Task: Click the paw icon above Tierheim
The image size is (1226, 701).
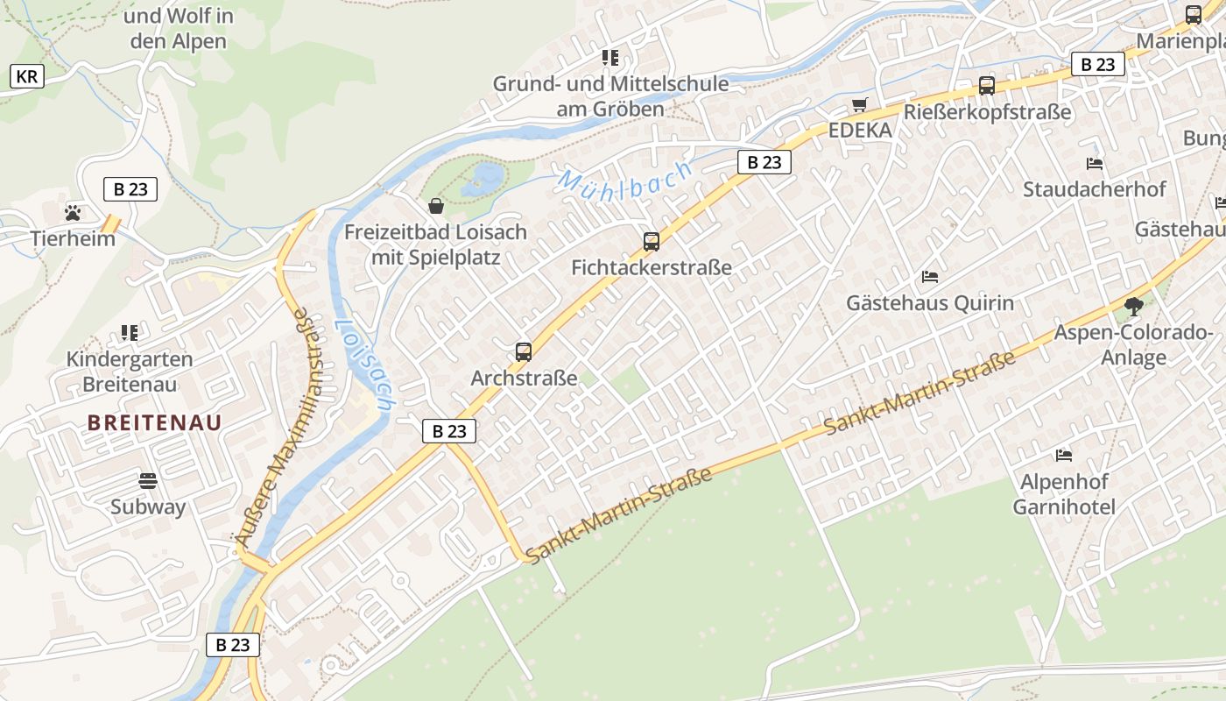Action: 73,212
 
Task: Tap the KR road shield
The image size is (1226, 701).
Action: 26,76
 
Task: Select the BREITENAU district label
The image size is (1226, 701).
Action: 154,422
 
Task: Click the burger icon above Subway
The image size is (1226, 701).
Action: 147,480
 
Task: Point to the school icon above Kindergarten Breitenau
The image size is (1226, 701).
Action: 130,333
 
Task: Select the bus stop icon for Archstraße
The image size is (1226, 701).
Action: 524,352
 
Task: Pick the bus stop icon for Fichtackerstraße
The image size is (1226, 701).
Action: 651,242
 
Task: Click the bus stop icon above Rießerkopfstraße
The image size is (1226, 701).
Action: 987,86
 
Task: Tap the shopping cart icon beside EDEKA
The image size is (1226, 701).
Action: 859,105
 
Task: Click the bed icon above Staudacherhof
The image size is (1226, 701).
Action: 1094,163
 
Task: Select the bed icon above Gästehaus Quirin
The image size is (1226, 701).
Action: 930,277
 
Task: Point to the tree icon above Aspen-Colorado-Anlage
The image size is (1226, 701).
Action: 1134,307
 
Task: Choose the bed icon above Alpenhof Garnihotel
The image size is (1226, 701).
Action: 1064,455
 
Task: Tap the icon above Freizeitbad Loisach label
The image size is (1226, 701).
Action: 435,206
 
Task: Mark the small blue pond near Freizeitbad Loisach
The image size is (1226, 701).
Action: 484,179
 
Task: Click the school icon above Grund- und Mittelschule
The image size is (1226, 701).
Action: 610,58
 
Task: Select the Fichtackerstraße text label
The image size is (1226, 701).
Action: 651,267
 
